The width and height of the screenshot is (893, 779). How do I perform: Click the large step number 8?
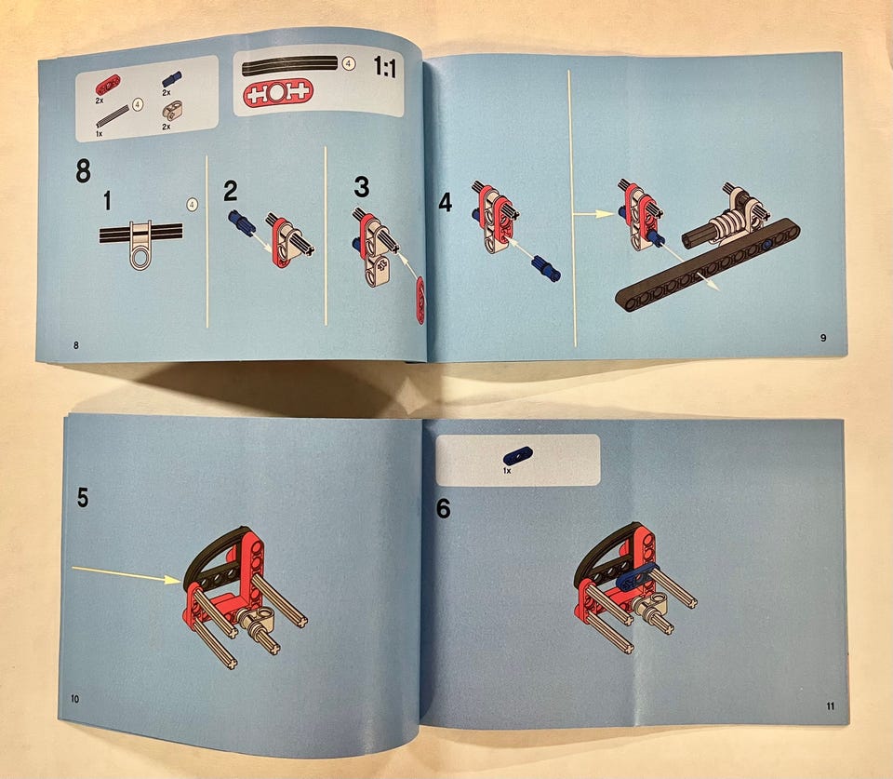click(x=83, y=170)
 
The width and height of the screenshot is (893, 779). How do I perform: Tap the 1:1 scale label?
click(x=384, y=67)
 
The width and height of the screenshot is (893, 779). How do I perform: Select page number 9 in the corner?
click(x=823, y=338)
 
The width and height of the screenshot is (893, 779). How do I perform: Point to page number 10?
click(x=75, y=699)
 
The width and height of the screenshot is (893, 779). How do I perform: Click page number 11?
click(x=831, y=706)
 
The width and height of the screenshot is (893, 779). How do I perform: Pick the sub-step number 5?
click(x=83, y=498)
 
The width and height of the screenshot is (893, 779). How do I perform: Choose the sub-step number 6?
click(x=443, y=508)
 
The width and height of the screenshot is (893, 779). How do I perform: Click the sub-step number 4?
click(x=446, y=202)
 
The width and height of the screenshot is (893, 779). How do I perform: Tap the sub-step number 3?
click(x=362, y=186)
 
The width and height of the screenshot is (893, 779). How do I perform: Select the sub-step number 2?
click(x=230, y=191)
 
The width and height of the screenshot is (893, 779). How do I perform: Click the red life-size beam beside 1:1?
click(x=278, y=92)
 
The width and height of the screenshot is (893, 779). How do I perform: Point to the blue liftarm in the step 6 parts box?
click(x=518, y=456)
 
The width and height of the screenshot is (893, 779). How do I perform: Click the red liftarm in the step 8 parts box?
click(x=108, y=85)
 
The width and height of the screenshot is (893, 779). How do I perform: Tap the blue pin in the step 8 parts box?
click(x=171, y=79)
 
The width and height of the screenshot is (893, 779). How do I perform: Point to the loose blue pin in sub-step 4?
click(x=545, y=268)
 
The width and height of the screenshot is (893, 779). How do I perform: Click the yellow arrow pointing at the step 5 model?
click(x=127, y=574)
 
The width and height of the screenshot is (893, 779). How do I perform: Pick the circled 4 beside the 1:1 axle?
click(x=348, y=64)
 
